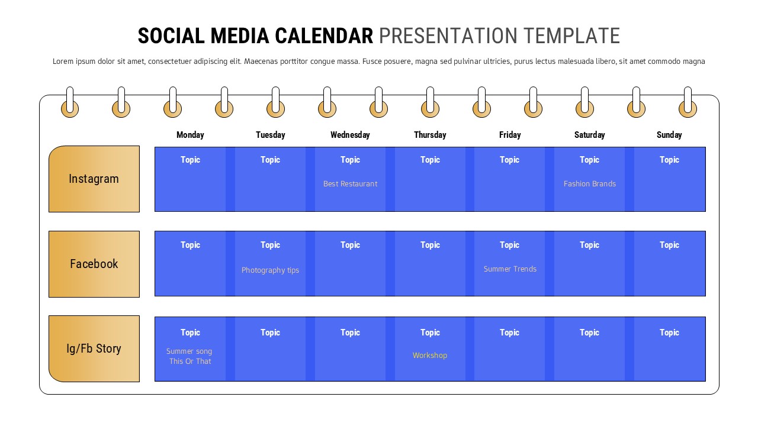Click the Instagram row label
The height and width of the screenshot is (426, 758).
click(94, 179)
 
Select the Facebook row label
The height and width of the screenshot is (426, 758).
click(94, 264)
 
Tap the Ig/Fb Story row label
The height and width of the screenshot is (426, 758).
click(94, 348)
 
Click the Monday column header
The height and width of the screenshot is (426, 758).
click(190, 135)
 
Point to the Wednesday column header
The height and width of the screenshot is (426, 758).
click(350, 135)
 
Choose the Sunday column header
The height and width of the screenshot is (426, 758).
click(669, 135)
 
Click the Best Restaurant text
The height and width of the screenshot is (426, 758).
click(350, 184)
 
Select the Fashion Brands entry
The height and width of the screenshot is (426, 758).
click(589, 184)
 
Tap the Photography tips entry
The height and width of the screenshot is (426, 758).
click(270, 270)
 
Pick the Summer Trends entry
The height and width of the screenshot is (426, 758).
click(510, 269)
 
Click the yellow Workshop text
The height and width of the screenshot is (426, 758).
click(430, 356)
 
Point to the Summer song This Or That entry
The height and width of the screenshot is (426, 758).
click(189, 356)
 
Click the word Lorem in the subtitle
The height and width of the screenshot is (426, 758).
click(63, 61)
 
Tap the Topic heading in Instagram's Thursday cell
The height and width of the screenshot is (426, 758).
click(430, 160)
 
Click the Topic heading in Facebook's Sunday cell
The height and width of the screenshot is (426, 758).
click(669, 245)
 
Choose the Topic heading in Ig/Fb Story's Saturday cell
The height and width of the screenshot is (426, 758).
click(589, 333)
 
